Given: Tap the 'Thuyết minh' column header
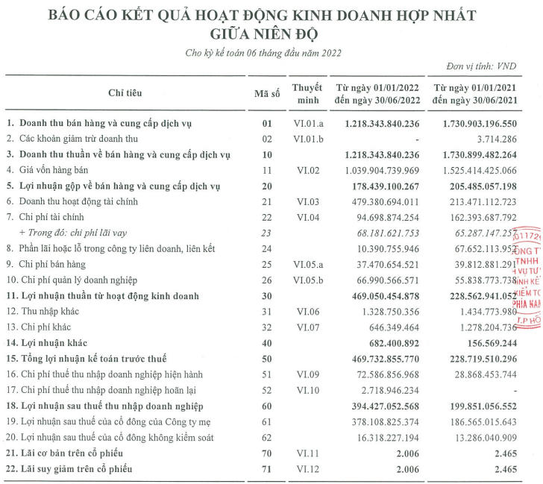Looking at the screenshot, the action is tap(307, 92).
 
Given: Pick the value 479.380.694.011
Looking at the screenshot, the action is tap(380, 201).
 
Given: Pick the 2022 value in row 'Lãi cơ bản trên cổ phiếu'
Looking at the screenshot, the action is tap(409, 453).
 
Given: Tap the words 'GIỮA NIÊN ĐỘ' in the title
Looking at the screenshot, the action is tap(271, 34).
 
